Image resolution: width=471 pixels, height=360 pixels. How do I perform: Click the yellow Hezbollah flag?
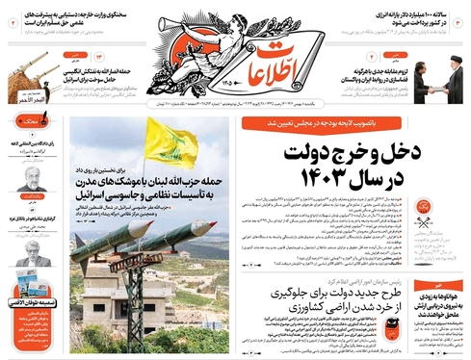coord(170,144)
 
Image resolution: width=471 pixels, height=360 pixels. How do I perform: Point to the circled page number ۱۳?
coord(99,59)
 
